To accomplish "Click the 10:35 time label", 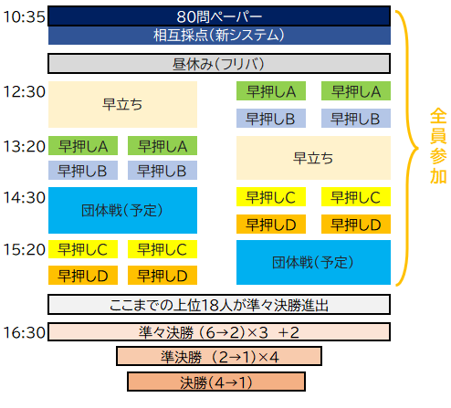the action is pyautogui.click(x=24, y=16).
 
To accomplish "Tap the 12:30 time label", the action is pyautogui.click(x=24, y=91).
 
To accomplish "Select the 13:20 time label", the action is pyautogui.click(x=24, y=146).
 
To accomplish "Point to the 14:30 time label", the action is pyautogui.click(x=24, y=197).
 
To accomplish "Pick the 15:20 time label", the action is pyautogui.click(x=24, y=249).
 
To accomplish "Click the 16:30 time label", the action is pyautogui.click(x=24, y=332).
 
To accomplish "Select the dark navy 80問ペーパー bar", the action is pyautogui.click(x=219, y=16).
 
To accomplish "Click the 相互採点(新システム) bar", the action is pyautogui.click(x=219, y=36).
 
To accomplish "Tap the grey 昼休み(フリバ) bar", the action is pyautogui.click(x=219, y=64).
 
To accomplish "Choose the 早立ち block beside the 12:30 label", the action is pyautogui.click(x=122, y=104).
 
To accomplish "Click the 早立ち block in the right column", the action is pyautogui.click(x=313, y=158).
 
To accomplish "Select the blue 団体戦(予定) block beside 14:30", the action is pyautogui.click(x=122, y=210).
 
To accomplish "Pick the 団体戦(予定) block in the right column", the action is pyautogui.click(x=313, y=262).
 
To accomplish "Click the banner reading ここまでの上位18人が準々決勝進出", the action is pyautogui.click(x=219, y=304).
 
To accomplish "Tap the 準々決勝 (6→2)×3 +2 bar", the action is pyautogui.click(x=219, y=332).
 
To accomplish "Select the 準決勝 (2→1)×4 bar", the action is pyautogui.click(x=219, y=356).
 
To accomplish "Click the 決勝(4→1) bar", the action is pyautogui.click(x=216, y=382).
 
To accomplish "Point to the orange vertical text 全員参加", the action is pyautogui.click(x=438, y=146).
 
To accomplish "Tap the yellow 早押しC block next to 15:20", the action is pyautogui.click(x=83, y=249).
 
